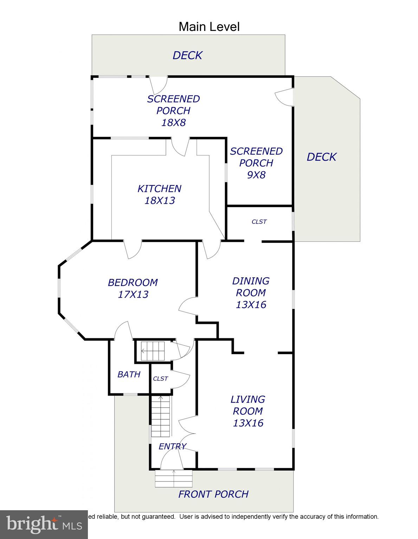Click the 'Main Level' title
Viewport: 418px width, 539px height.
(x=209, y=27)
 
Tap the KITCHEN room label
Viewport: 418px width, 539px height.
(x=159, y=189)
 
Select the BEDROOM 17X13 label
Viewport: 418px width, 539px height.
(x=133, y=288)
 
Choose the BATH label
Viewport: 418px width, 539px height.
(x=129, y=374)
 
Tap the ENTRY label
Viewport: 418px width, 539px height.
(x=172, y=446)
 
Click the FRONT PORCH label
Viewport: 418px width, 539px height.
(x=213, y=494)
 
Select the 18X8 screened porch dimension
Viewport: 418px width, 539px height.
(x=173, y=122)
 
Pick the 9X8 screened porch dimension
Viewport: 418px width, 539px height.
(x=256, y=174)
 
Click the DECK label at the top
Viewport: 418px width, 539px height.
(x=187, y=55)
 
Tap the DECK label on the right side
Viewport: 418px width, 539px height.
(x=321, y=157)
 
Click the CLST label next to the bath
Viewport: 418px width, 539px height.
(x=160, y=379)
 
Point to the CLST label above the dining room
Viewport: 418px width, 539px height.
(x=259, y=222)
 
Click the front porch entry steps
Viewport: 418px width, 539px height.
(x=174, y=479)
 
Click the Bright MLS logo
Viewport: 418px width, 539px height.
(x=44, y=524)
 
